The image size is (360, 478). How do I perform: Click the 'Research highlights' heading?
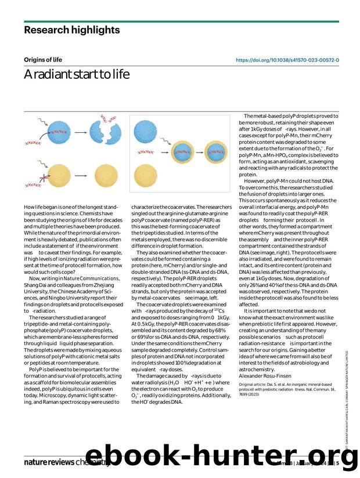tap(72, 30)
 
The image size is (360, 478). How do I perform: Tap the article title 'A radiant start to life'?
tap(73, 75)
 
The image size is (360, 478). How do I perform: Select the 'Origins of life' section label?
tap(43, 60)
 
